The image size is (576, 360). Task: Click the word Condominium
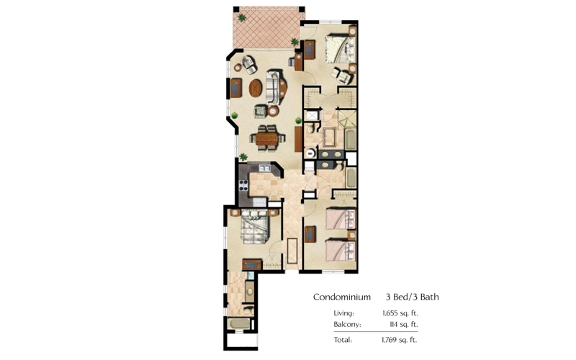click(x=341, y=297)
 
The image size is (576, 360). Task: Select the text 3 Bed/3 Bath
click(x=412, y=297)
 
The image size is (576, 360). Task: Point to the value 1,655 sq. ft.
click(x=400, y=313)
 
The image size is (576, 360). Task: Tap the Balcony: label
click(x=347, y=325)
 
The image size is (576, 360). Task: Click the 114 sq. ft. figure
click(x=403, y=325)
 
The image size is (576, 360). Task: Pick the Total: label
click(x=343, y=340)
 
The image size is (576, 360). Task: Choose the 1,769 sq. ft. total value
click(x=400, y=340)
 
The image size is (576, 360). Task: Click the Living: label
click(x=344, y=313)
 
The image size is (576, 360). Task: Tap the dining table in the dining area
click(x=267, y=138)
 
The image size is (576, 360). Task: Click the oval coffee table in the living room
click(x=256, y=88)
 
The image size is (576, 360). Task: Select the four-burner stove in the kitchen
click(x=243, y=185)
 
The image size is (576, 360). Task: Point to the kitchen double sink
click(x=264, y=168)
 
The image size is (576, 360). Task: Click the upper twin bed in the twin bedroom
click(x=341, y=219)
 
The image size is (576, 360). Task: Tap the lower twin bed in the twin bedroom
click(x=341, y=250)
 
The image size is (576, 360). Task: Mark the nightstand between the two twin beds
click(x=352, y=235)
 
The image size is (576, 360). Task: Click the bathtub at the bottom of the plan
click(x=239, y=324)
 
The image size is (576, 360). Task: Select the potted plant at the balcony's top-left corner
click(x=242, y=17)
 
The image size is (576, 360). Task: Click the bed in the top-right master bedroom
click(x=340, y=49)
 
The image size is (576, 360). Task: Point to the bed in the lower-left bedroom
click(x=255, y=227)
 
